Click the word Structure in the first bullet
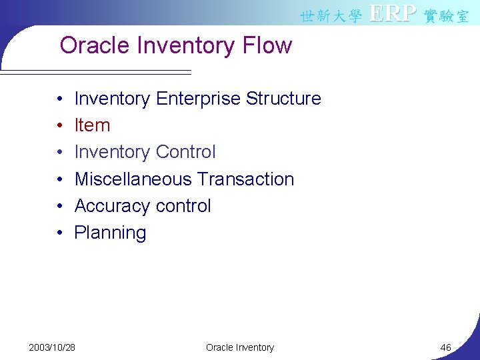(283, 99)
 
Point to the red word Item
(92, 125)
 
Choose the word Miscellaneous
(133, 179)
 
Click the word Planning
(110, 233)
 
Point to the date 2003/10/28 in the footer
(52, 347)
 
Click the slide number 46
(446, 347)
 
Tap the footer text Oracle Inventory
(240, 347)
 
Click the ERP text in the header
(393, 14)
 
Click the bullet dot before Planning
(60, 233)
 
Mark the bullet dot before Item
(60, 126)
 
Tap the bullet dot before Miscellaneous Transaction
(60, 180)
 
